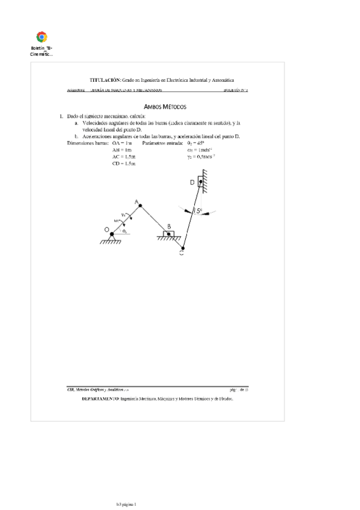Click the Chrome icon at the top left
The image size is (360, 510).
point(42,37)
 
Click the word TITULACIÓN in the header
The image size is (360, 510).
point(105,79)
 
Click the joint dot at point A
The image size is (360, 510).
point(139,206)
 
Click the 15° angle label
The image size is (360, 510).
point(198,211)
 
